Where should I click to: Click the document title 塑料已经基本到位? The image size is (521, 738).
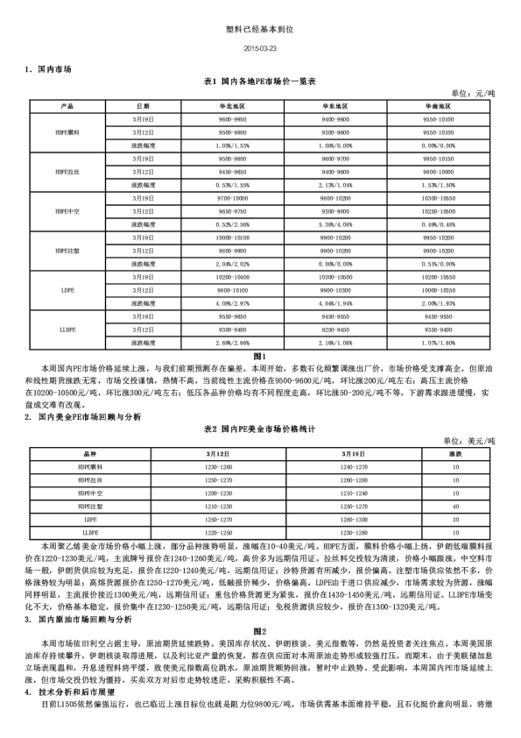click(260, 29)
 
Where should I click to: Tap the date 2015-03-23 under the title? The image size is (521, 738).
click(260, 47)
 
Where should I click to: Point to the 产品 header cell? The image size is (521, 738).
click(67, 106)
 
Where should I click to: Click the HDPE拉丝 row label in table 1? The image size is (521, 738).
click(67, 172)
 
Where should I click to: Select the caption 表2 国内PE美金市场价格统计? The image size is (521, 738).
click(259, 429)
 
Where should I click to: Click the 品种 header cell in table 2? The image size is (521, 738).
click(89, 454)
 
